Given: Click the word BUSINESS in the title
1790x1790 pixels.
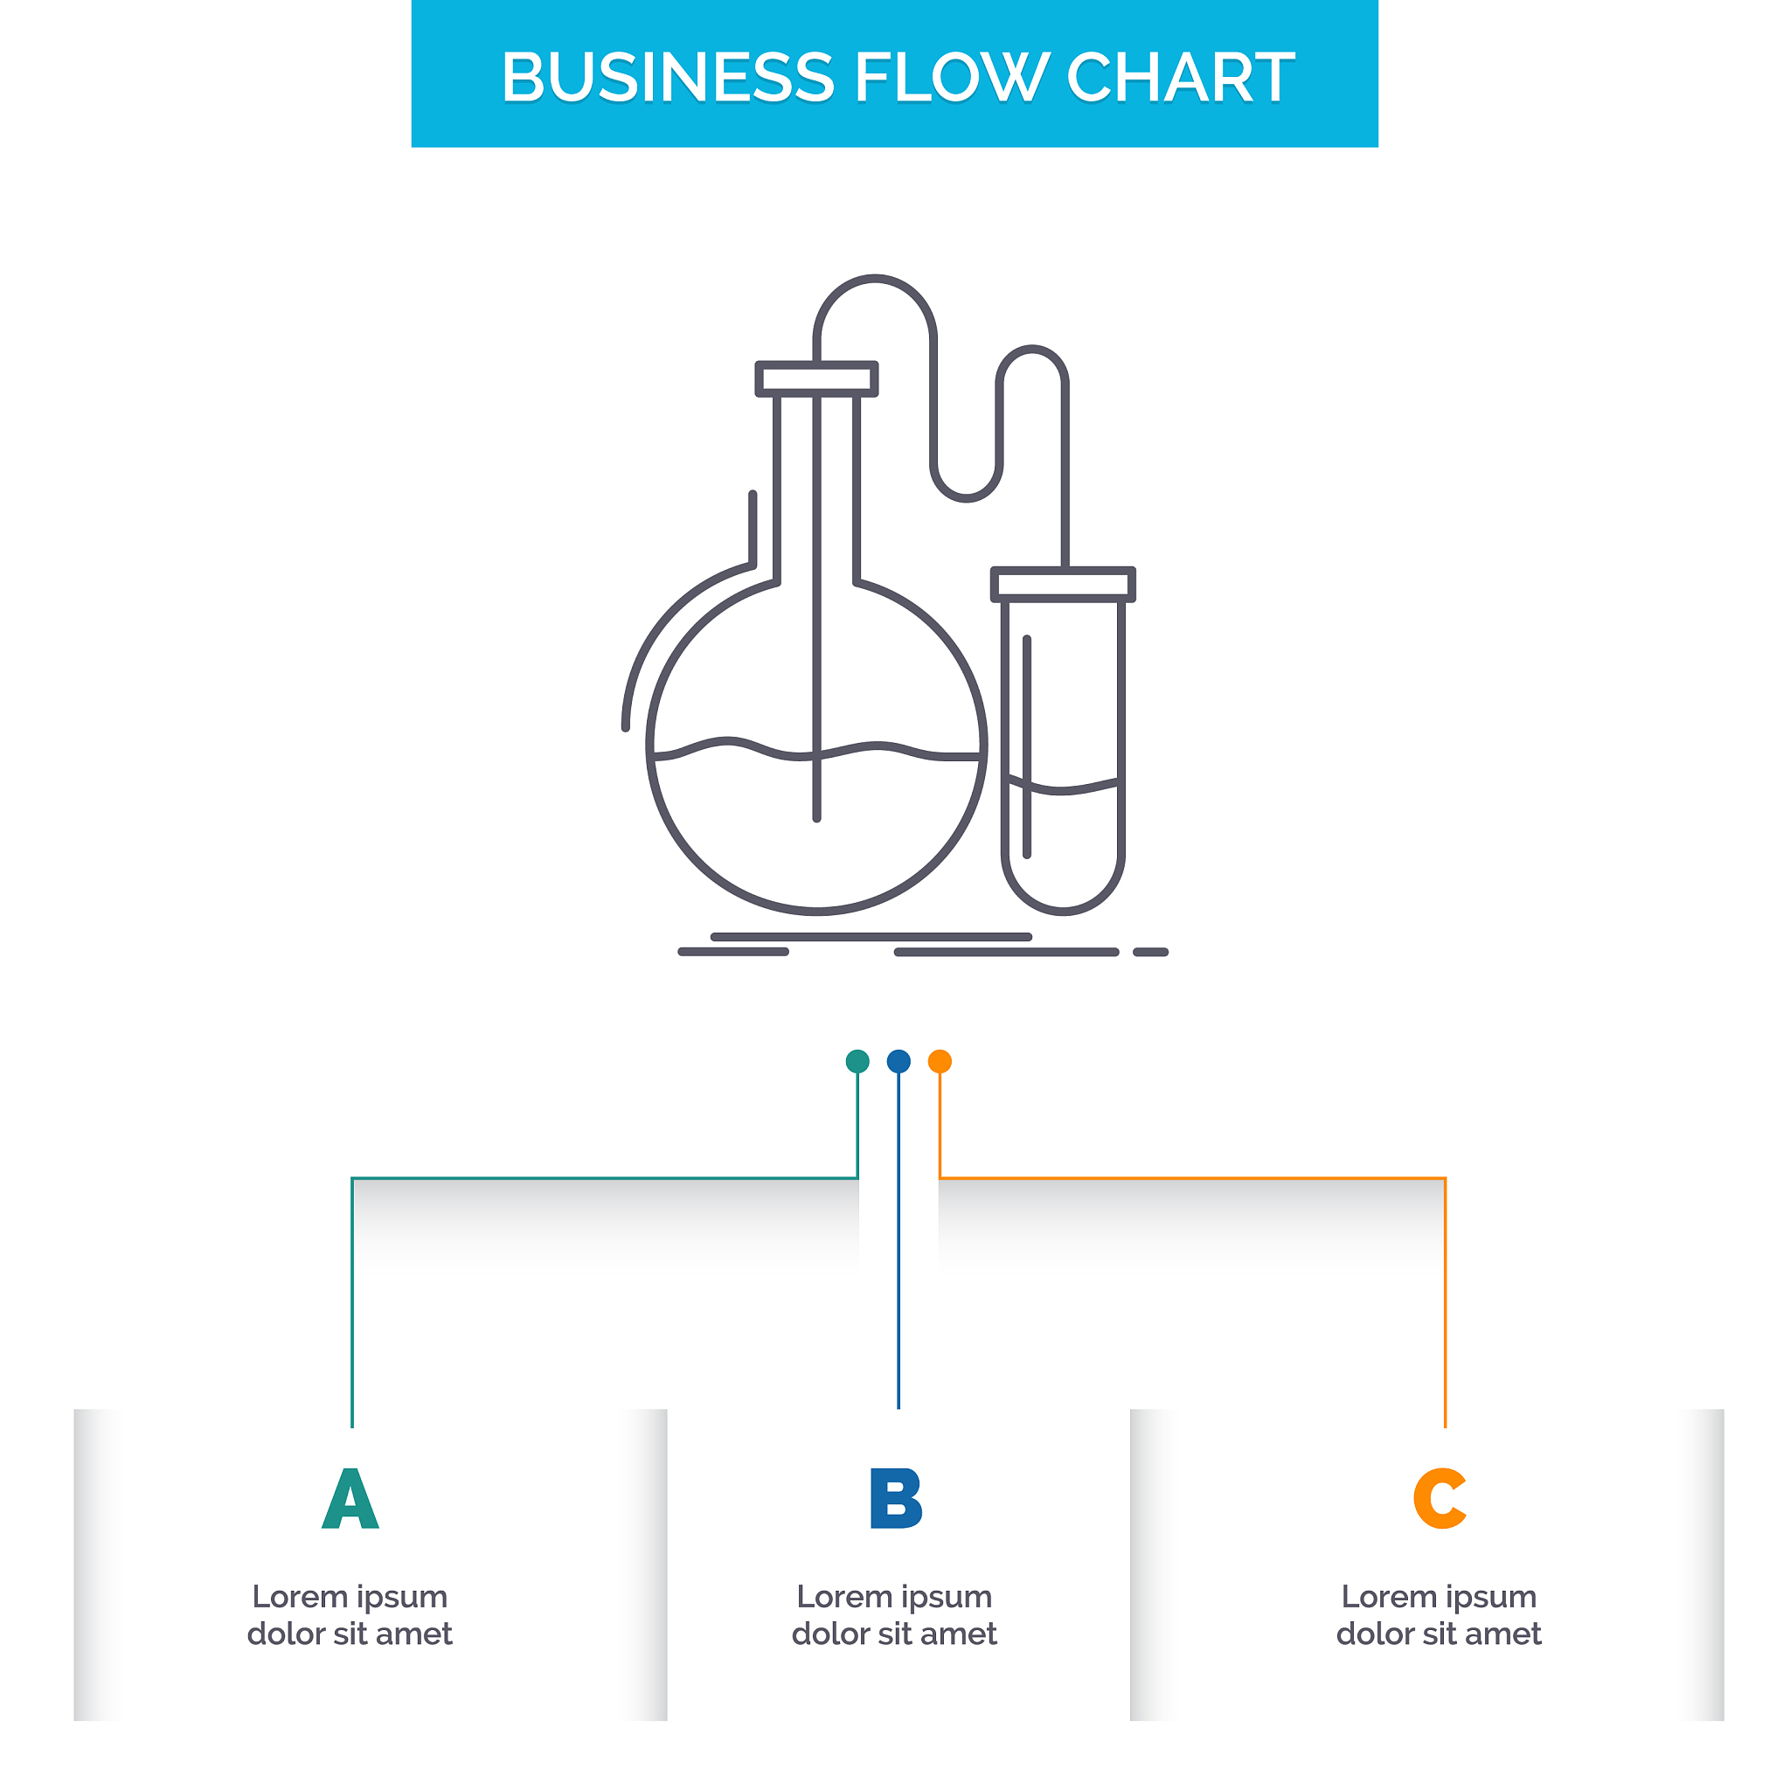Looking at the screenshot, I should pyautogui.click(x=667, y=77).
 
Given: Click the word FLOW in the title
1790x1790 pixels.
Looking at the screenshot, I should pyautogui.click(x=950, y=77).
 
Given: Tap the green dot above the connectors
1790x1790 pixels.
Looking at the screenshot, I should pyautogui.click(x=857, y=1061).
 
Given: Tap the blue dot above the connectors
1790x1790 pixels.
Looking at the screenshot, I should pyautogui.click(x=898, y=1061).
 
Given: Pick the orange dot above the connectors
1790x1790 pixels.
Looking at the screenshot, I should pyautogui.click(x=940, y=1061).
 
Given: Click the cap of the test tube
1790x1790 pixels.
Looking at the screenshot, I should pyautogui.click(x=1063, y=585).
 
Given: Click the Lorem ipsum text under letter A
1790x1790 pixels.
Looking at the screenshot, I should pyautogui.click(x=350, y=1615).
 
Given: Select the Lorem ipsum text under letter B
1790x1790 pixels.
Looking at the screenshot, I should pyautogui.click(x=894, y=1615).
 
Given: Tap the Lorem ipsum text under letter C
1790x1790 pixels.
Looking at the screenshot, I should pyautogui.click(x=1438, y=1615).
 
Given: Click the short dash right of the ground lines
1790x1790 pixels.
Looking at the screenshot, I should pyautogui.click(x=1150, y=952).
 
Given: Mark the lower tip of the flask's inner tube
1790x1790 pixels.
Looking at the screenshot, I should pyautogui.click(x=816, y=816).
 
